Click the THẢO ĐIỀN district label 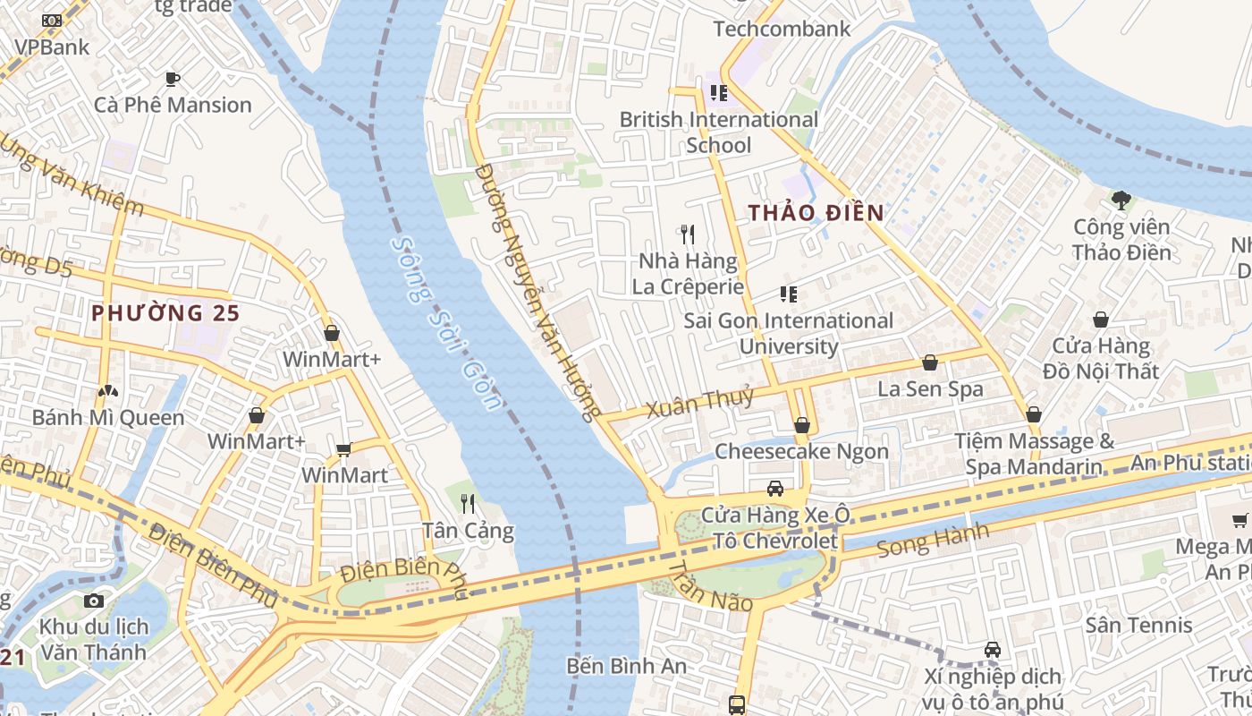(816, 213)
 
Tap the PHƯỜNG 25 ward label (165, 313)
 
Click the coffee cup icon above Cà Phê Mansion (173, 80)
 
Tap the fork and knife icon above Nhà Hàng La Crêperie (688, 234)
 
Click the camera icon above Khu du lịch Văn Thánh (93, 601)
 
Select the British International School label (719, 132)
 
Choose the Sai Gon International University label (788, 333)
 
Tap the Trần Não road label (710, 587)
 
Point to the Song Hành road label (933, 540)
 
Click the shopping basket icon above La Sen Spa (930, 362)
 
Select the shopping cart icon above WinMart (343, 449)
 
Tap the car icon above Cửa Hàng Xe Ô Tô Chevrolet (775, 489)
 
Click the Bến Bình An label (626, 666)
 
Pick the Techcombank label (782, 29)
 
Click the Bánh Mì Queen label (107, 417)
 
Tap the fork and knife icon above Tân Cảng (467, 504)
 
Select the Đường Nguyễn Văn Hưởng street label (535, 291)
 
